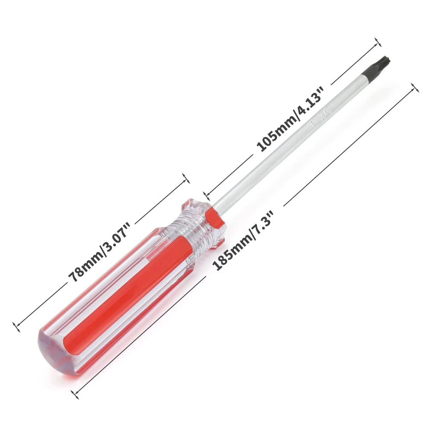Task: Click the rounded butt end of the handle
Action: click(52, 344)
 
